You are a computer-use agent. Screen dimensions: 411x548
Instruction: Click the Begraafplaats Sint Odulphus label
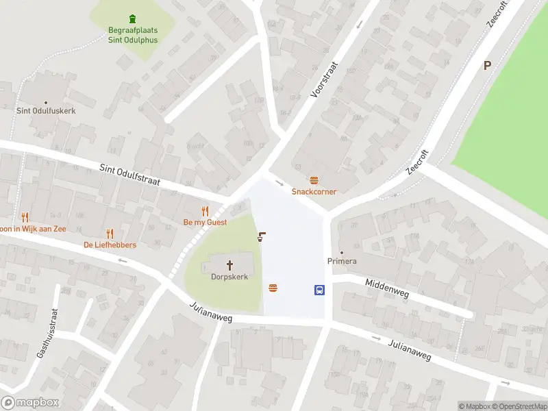(x=132, y=35)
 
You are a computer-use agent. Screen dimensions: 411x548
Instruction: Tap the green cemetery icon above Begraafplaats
(x=132, y=18)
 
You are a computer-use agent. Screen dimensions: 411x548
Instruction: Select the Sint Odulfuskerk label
(x=46, y=110)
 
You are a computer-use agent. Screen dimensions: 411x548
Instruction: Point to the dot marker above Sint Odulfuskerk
(x=46, y=100)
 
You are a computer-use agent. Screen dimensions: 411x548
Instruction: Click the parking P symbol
(x=487, y=66)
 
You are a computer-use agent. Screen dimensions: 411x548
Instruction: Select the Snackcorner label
(x=314, y=192)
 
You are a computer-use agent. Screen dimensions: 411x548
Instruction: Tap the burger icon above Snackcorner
(x=314, y=180)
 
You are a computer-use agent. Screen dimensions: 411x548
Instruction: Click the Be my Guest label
(x=205, y=222)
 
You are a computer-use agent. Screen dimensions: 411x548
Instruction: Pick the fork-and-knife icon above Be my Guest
(x=205, y=210)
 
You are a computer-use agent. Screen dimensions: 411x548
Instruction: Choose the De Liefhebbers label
(x=110, y=245)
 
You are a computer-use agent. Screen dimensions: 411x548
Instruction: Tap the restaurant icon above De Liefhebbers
(x=110, y=234)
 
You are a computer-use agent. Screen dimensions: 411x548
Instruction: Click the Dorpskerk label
(x=229, y=277)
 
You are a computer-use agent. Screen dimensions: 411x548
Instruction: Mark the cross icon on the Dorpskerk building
(x=229, y=264)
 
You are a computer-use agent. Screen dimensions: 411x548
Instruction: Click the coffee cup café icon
(x=261, y=238)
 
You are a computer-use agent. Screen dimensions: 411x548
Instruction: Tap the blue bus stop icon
(x=319, y=290)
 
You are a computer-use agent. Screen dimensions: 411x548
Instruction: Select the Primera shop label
(x=342, y=261)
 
